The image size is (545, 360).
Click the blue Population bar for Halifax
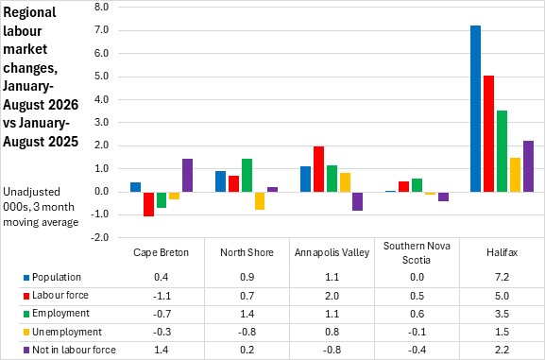[x=475, y=109]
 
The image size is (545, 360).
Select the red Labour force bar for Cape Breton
[x=148, y=204]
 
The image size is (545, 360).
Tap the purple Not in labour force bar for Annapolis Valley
[x=357, y=201]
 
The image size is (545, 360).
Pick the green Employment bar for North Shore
[x=247, y=176]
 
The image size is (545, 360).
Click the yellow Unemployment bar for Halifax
[x=515, y=175]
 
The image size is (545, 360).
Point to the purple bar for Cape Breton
[x=187, y=176]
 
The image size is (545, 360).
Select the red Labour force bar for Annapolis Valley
[x=318, y=169]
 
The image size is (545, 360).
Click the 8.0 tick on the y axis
[x=101, y=7]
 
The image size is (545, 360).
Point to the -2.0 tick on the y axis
[x=100, y=237]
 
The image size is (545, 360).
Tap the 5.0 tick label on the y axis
[x=101, y=77]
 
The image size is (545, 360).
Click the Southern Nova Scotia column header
[x=417, y=253]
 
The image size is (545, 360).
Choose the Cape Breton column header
[x=161, y=252]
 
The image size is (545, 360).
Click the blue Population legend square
[x=26, y=278]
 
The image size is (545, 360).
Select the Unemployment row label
[x=67, y=332]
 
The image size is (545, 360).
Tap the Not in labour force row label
[x=74, y=350]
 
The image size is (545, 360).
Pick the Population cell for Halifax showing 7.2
[x=502, y=277]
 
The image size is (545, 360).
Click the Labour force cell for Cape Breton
[x=162, y=296]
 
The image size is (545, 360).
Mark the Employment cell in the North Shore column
[x=247, y=314]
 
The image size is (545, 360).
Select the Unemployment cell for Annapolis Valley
[x=332, y=332]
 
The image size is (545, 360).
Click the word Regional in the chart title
[x=29, y=12]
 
